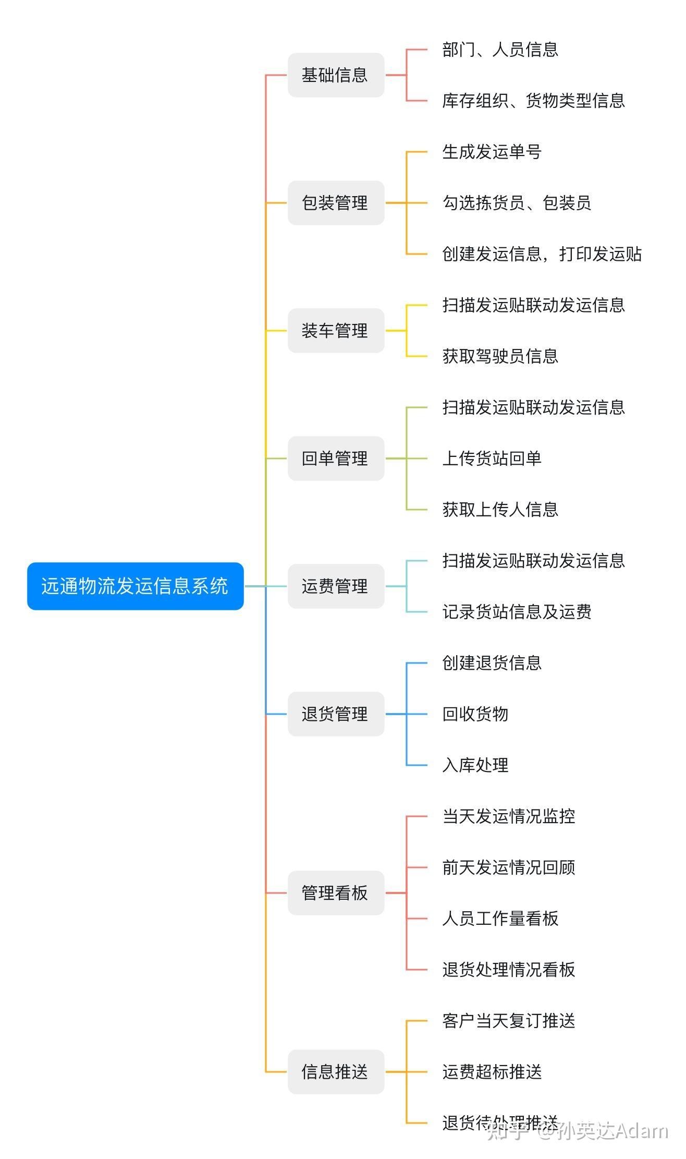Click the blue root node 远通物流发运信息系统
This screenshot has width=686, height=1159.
[x=135, y=586]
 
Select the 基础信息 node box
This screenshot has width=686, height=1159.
[x=336, y=75]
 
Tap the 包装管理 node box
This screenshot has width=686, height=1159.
[x=336, y=203]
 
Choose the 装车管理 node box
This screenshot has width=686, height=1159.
[x=336, y=331]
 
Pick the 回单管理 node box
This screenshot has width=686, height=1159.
[x=336, y=458]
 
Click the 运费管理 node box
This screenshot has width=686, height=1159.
[x=336, y=586]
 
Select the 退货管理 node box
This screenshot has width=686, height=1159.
[x=336, y=714]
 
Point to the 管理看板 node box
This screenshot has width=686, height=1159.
[x=336, y=893]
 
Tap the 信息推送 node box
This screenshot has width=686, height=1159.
[x=336, y=1072]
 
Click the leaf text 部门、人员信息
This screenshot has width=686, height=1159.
[x=500, y=50]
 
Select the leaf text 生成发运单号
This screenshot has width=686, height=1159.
[x=492, y=152]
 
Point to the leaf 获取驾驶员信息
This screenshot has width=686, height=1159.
[x=500, y=356]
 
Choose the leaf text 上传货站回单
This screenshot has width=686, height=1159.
[x=492, y=458]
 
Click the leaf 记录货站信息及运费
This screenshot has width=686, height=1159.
[x=517, y=612]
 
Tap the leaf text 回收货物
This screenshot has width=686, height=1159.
[x=475, y=714]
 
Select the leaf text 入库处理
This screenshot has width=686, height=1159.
[x=475, y=765]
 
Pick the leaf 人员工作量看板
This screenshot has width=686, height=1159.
[x=500, y=919]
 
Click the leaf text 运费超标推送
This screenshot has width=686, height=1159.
[x=492, y=1072]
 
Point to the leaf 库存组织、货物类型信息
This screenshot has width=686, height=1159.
[x=533, y=101]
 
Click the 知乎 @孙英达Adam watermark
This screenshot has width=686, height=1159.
[x=578, y=1131]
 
